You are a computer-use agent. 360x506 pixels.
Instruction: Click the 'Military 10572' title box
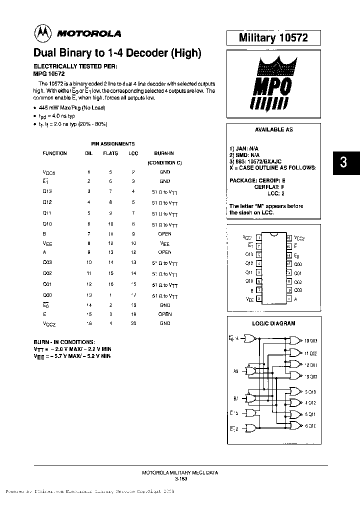pyautogui.click(x=273, y=37)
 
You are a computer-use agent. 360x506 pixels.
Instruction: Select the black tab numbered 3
pyautogui.click(x=343, y=162)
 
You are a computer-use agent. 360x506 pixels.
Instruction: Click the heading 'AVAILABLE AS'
pyautogui.click(x=274, y=129)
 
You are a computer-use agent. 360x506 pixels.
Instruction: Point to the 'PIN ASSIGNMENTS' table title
pyautogui.click(x=112, y=143)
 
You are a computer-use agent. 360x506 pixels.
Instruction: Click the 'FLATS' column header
pyautogui.click(x=110, y=153)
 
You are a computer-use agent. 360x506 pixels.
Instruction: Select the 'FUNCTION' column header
pyautogui.click(x=54, y=153)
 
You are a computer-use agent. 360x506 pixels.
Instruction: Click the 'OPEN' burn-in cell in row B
pyautogui.click(x=164, y=233)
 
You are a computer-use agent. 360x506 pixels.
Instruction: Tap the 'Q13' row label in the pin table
pyautogui.click(x=47, y=190)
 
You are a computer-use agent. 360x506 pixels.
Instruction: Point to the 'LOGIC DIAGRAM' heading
pyautogui.click(x=274, y=323)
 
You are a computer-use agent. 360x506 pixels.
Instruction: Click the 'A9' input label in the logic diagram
pyautogui.click(x=236, y=371)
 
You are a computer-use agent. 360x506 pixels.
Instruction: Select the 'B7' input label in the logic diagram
pyautogui.click(x=236, y=399)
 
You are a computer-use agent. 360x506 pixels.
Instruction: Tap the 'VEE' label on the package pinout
pyautogui.click(x=249, y=299)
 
